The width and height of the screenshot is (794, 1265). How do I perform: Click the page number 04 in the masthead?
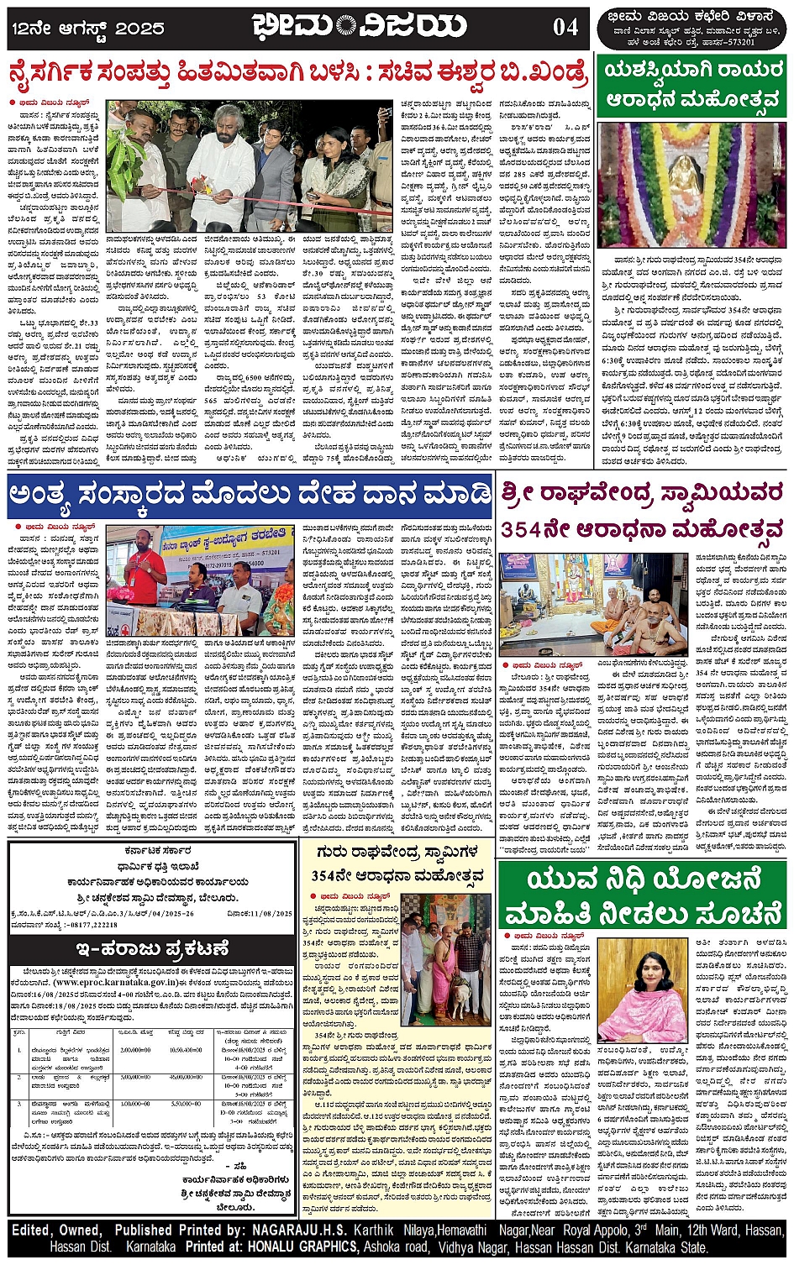click(565, 27)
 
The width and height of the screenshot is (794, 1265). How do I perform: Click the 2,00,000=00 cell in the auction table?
click(134, 1050)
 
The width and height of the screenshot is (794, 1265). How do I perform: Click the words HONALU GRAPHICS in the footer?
click(302, 1247)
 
